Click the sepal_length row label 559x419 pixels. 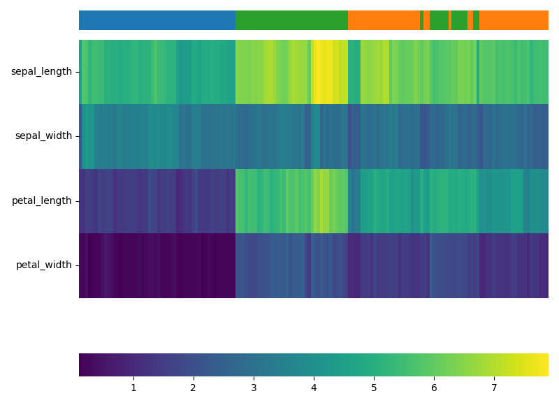pyautogui.click(x=41, y=72)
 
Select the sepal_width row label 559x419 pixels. pyautogui.click(x=43, y=136)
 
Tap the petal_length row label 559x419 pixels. pyautogui.click(x=41, y=201)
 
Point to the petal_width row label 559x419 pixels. pyautogui.click(x=43, y=265)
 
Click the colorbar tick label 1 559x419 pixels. pyautogui.click(x=133, y=388)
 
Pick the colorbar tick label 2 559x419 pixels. pyautogui.click(x=194, y=388)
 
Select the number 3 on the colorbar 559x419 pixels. pyautogui.click(x=254, y=388)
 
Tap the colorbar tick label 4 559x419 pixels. pyautogui.click(x=314, y=388)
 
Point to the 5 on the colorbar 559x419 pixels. pyautogui.click(x=374, y=388)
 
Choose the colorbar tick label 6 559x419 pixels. pyautogui.click(x=434, y=388)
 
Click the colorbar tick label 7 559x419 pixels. pyautogui.click(x=494, y=388)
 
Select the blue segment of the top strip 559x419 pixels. pyautogui.click(x=157, y=20)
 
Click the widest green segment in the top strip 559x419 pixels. pyautogui.click(x=291, y=20)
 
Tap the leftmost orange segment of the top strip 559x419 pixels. pyautogui.click(x=384, y=20)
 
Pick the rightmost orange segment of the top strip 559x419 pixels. pyautogui.click(x=514, y=20)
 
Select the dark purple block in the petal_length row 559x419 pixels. pyautogui.click(x=157, y=201)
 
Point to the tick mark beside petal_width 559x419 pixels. pyautogui.click(x=77, y=265)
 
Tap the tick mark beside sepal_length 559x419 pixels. pyautogui.click(x=77, y=72)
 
